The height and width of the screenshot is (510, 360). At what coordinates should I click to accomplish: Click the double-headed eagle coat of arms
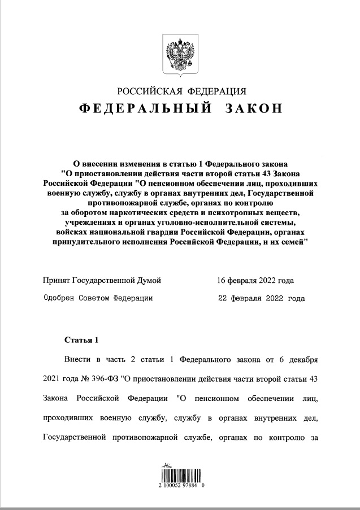[x=179, y=54]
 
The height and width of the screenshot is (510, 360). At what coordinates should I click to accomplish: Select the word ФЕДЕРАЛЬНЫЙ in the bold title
[x=145, y=109]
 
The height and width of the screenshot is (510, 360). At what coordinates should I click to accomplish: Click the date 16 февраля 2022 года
[x=255, y=280]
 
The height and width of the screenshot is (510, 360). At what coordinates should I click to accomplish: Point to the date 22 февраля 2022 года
[x=261, y=298]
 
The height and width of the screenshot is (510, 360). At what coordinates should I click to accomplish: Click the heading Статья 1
[x=81, y=340]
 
